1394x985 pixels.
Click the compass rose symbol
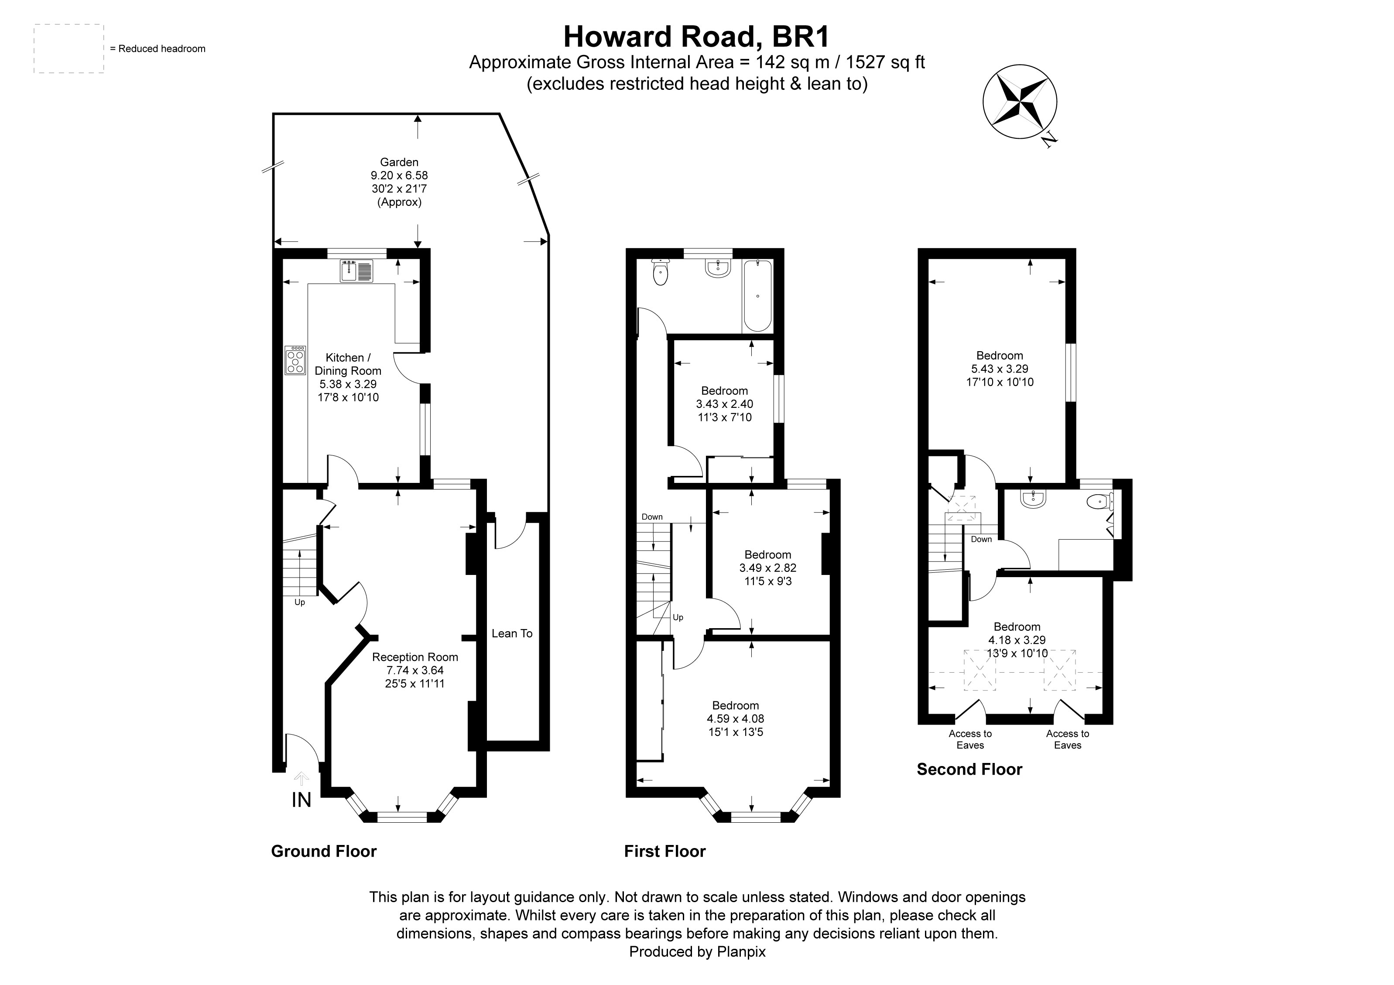click(1019, 102)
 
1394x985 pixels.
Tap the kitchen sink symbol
click(356, 270)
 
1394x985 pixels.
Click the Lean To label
click(512, 633)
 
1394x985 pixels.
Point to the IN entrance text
click(301, 800)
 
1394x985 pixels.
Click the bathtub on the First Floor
click(757, 296)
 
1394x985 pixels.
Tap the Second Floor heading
click(969, 770)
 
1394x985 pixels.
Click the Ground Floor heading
click(324, 852)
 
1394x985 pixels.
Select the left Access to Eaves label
click(970, 739)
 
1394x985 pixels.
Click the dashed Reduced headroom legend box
click(69, 48)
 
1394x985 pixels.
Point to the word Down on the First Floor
click(652, 517)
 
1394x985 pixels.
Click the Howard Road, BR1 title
click(696, 36)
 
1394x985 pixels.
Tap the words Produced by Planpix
click(697, 951)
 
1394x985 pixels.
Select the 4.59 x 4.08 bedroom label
click(735, 718)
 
